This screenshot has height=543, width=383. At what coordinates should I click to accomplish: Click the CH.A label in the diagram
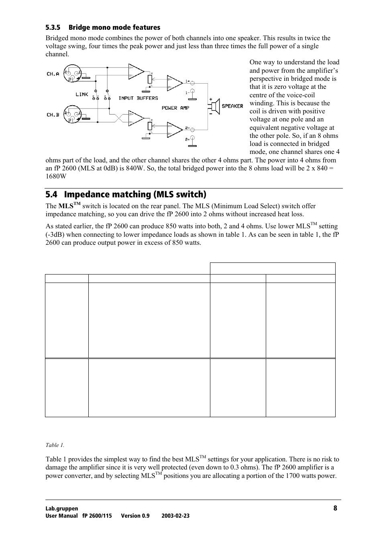[x=53, y=74]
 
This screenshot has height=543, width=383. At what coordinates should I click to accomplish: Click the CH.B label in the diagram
[x=53, y=115]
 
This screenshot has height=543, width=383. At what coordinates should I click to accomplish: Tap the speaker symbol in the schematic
[x=214, y=106]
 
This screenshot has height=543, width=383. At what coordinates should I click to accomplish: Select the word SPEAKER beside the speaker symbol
[x=232, y=106]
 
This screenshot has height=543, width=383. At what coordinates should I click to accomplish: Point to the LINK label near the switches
[x=81, y=94]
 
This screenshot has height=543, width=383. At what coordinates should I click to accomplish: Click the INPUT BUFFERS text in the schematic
[x=138, y=98]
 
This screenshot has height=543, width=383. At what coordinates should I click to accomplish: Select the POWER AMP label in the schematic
[x=175, y=108]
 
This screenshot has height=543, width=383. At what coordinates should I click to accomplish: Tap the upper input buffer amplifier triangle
[x=135, y=72]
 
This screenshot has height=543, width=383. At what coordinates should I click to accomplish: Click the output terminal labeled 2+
[x=193, y=139]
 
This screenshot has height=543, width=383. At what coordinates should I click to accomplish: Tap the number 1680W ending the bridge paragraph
[x=56, y=176]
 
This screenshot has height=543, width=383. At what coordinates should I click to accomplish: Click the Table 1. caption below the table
[x=55, y=445]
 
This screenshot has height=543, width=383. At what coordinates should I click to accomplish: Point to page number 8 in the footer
[x=335, y=508]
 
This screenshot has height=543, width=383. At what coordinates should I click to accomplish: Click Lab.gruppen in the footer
[x=62, y=508]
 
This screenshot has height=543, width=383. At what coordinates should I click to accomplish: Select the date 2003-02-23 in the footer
[x=175, y=516]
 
